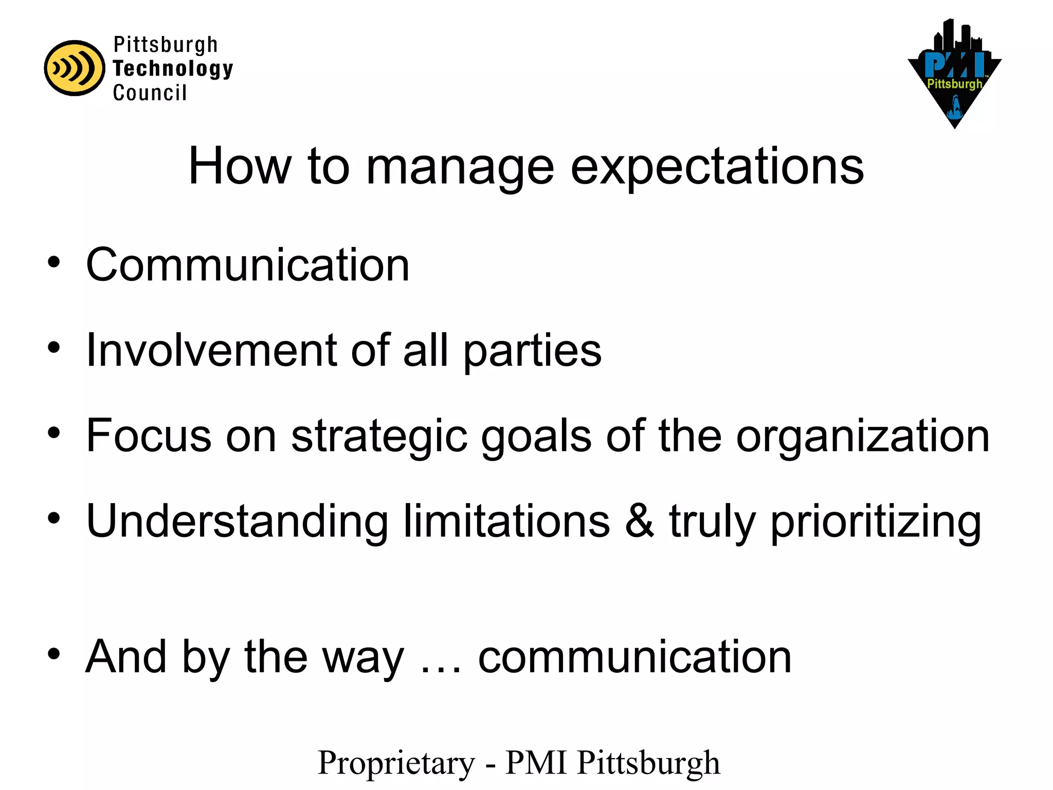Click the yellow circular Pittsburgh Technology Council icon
[75, 68]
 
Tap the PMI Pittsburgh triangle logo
[954, 75]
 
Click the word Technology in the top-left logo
[173, 69]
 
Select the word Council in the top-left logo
[150, 93]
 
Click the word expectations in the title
[717, 167]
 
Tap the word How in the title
[240, 166]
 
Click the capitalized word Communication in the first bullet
[247, 265]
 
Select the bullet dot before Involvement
[54, 348]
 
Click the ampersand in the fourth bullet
[640, 522]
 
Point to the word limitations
[506, 522]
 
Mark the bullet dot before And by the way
[54, 654]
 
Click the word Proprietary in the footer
[396, 763]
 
